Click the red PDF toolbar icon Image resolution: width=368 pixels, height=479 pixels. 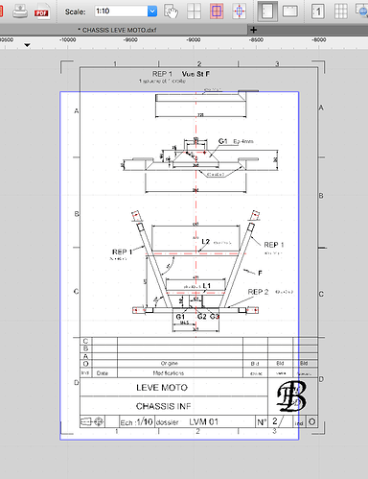point(41,13)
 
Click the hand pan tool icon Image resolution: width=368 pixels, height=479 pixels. point(172,12)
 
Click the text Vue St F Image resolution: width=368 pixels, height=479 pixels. point(195,74)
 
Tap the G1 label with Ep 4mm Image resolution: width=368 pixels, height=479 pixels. point(223,141)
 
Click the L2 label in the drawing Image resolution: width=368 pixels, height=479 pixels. point(206,242)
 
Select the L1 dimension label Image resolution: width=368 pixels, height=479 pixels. point(207,285)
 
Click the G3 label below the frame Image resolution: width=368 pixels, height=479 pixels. point(215,316)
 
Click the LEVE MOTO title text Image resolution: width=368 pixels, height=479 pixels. point(170,388)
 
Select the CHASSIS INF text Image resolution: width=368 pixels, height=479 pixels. point(170,405)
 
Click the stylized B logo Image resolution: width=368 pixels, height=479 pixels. point(289,395)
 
